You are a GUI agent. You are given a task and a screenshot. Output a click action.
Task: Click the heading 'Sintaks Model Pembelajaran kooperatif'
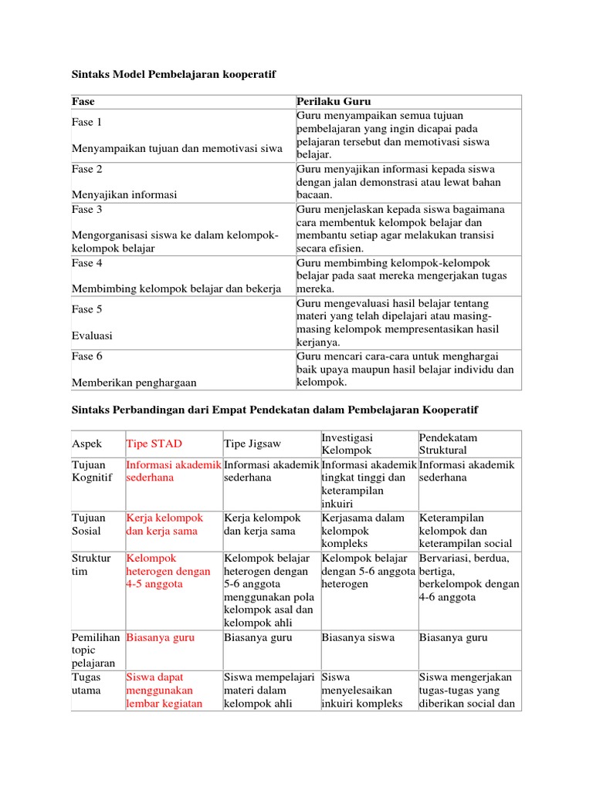point(174,74)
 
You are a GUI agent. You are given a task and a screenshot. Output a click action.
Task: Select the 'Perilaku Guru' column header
point(334,101)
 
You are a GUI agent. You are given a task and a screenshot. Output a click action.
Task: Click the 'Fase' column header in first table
point(83,101)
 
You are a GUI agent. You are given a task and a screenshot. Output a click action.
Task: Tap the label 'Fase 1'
point(87,122)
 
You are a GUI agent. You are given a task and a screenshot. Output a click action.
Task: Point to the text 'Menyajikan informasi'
point(124,194)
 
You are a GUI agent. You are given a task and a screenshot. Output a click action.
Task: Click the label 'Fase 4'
point(87,263)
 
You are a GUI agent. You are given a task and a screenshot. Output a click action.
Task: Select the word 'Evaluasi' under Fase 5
point(92,336)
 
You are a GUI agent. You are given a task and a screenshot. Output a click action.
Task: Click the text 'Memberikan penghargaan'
point(134,382)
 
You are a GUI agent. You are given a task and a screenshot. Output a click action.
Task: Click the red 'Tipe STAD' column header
point(154,444)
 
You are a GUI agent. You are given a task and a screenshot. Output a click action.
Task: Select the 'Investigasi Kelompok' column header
point(347,444)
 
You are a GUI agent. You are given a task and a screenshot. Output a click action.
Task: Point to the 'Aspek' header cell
point(86,444)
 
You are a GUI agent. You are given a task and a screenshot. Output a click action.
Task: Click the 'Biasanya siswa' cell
point(358,638)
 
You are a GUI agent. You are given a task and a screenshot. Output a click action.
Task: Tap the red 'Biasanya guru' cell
point(161,638)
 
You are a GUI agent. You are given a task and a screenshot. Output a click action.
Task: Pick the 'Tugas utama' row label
point(88,684)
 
